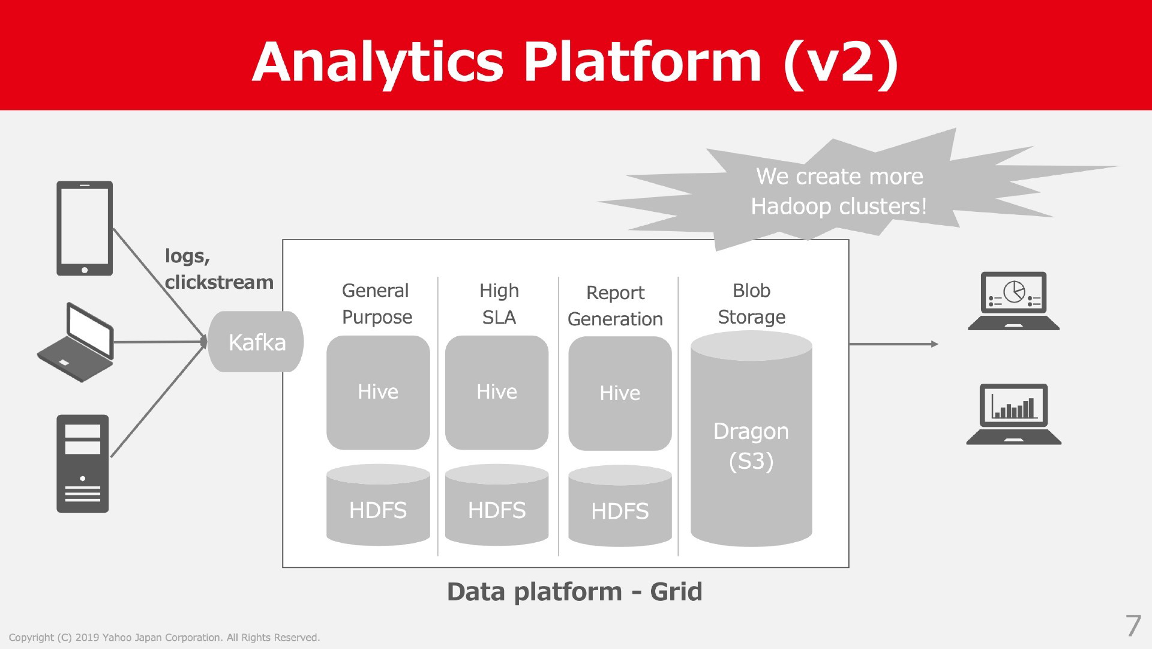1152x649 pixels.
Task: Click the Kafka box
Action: (x=256, y=342)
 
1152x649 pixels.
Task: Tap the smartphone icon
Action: (x=85, y=228)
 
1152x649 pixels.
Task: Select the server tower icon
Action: (x=83, y=463)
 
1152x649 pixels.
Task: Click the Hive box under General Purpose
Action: (x=378, y=392)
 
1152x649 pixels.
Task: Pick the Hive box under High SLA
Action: (x=497, y=392)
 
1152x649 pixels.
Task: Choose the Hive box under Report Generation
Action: (x=620, y=393)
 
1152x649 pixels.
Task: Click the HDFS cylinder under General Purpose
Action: (x=378, y=505)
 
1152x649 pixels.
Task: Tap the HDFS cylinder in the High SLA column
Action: (x=497, y=505)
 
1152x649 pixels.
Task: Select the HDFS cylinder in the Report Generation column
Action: (x=620, y=506)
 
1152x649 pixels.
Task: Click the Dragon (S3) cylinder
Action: (x=751, y=439)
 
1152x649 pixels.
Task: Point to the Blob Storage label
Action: (x=752, y=304)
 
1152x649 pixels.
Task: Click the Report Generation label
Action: (x=615, y=306)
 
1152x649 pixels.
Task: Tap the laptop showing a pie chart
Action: (x=1013, y=301)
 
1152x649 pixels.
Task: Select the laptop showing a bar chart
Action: (x=1013, y=414)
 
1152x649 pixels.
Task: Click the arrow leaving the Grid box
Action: (x=893, y=344)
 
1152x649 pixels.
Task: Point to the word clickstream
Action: (x=219, y=282)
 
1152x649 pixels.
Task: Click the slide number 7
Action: (x=1133, y=626)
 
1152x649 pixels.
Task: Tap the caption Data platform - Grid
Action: (x=574, y=592)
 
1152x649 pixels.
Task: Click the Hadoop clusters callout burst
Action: (x=840, y=191)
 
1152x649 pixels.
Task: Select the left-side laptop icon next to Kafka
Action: (x=76, y=342)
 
